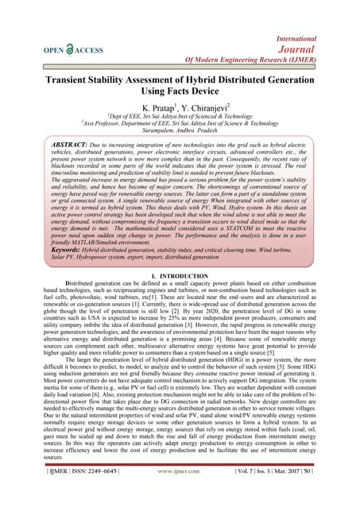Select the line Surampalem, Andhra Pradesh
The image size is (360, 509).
(x=180, y=138)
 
